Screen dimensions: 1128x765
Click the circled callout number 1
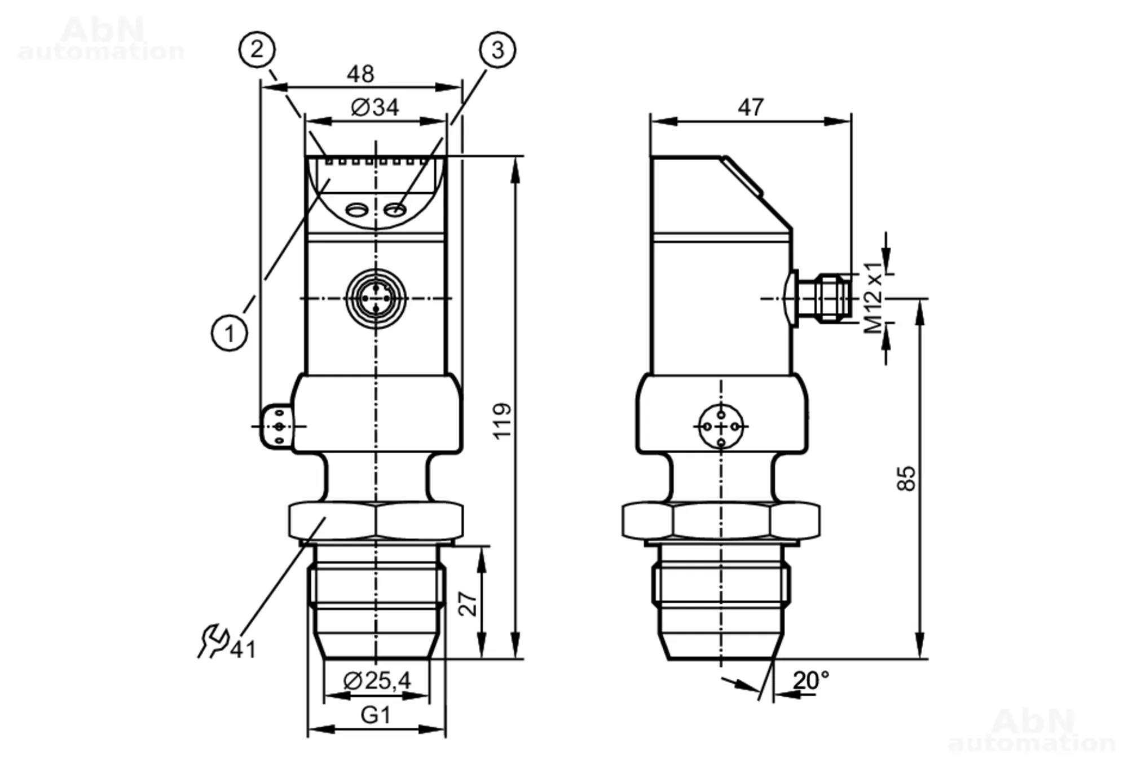coord(230,333)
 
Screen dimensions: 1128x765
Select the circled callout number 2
coord(257,50)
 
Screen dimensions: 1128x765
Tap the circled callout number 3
coord(497,50)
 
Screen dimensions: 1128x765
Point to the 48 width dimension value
coord(360,74)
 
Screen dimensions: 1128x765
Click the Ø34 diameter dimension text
coord(375,107)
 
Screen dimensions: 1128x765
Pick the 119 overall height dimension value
coord(502,421)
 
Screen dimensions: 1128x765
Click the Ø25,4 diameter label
coord(377,681)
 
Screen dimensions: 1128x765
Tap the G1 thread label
coord(376,715)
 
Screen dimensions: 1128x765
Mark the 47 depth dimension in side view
coord(751,107)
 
